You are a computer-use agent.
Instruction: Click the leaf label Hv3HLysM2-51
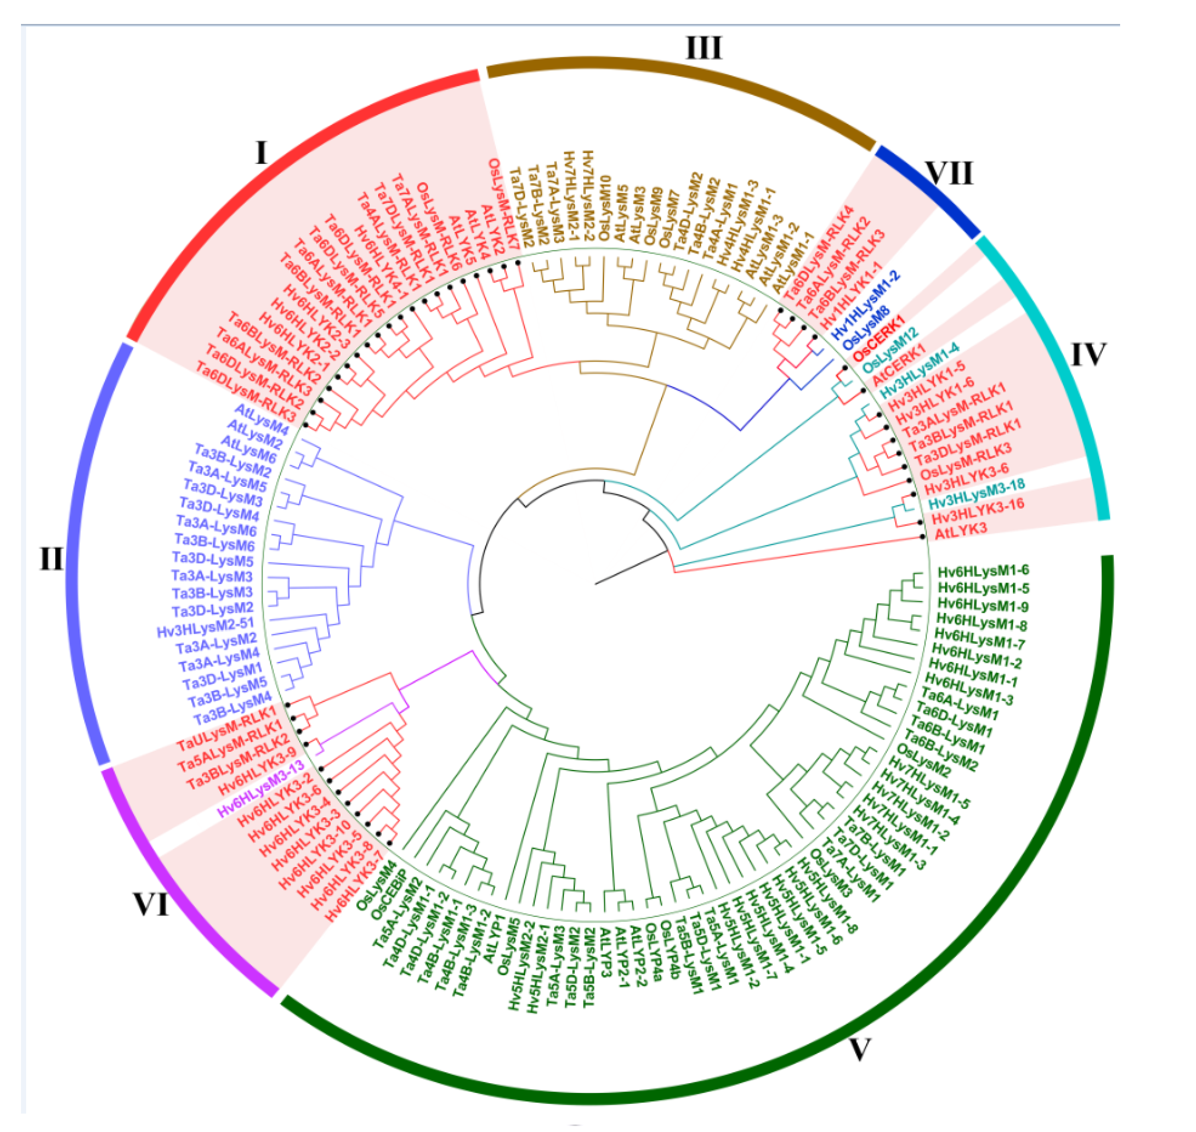(205, 627)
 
